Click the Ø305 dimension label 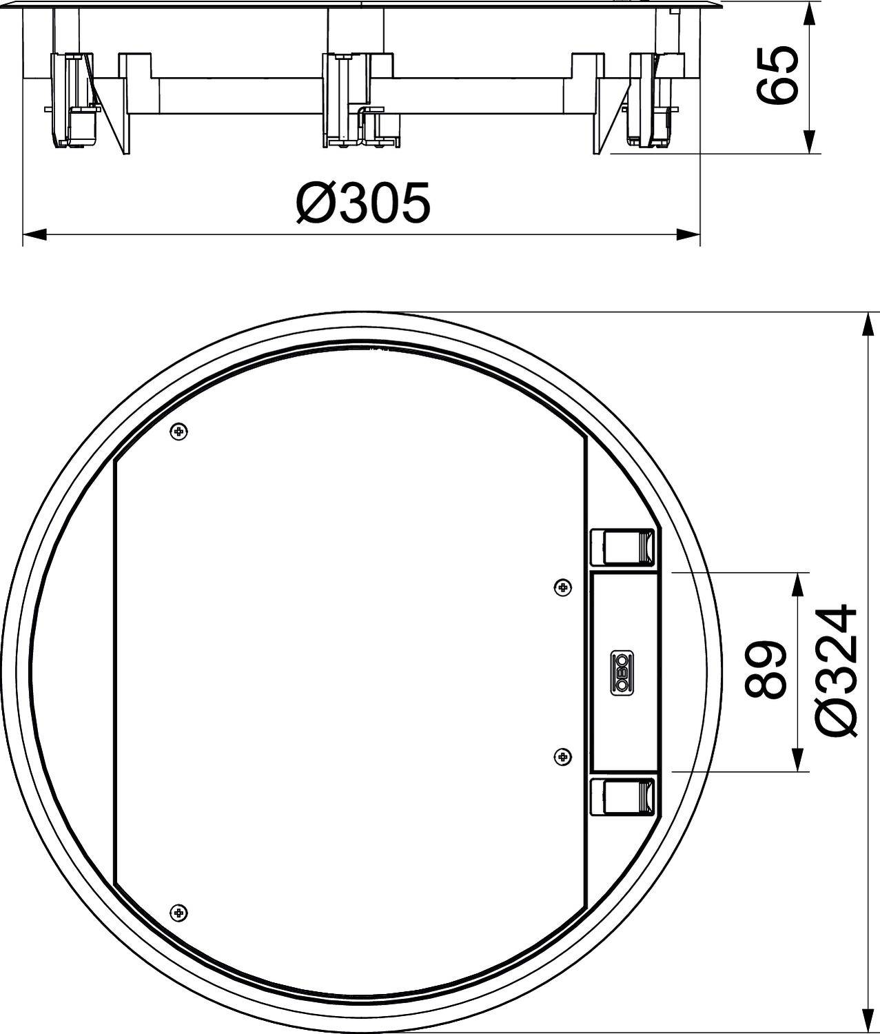tap(363, 203)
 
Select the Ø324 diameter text tap(837, 671)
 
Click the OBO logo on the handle tap(622, 671)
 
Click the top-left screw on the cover tap(179, 432)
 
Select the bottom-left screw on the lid tap(178, 911)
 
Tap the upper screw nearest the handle tap(563, 587)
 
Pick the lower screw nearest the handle tap(563, 757)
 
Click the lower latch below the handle tap(622, 796)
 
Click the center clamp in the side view tap(345, 100)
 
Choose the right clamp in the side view tap(648, 100)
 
